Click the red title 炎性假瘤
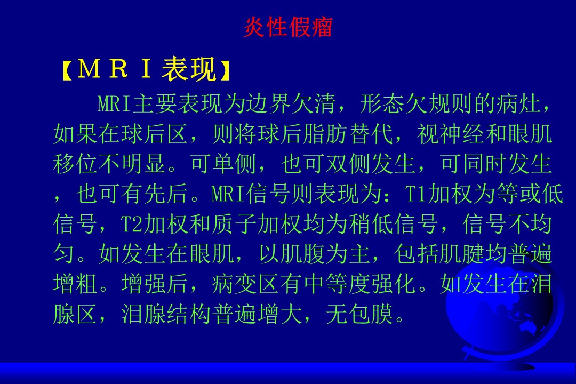coord(288,27)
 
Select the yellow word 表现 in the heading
coord(189,69)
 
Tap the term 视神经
coord(451,133)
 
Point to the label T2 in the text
coord(132,224)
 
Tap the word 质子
coord(234,224)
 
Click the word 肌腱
coord(462,254)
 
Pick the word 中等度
coord(337,284)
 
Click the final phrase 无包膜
coord(359,314)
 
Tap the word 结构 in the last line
coord(189,314)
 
